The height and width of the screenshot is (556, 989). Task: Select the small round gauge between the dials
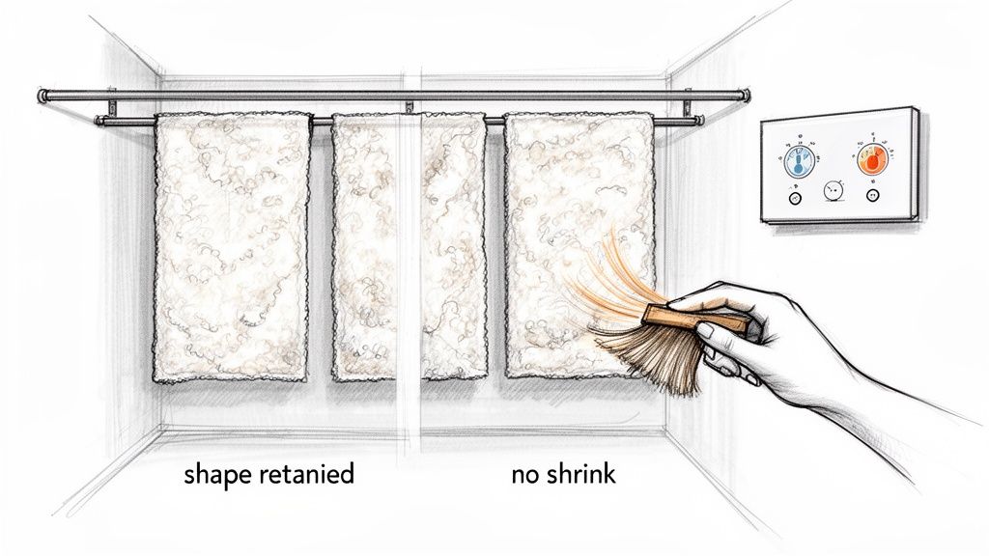833,191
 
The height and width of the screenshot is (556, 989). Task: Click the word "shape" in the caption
215,475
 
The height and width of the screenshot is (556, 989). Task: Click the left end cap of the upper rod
42,95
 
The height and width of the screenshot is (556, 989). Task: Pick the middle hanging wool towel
409,246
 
